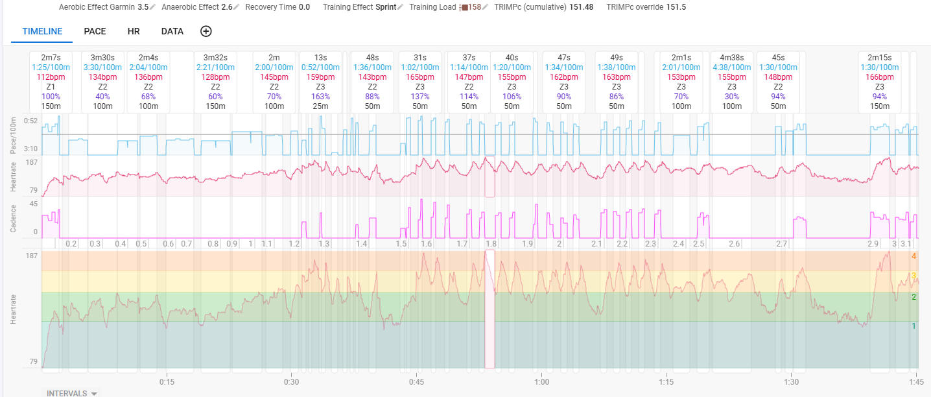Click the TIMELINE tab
tap(42, 32)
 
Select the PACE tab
tap(95, 32)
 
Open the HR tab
tap(134, 32)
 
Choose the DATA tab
tap(172, 32)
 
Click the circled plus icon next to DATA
tap(206, 31)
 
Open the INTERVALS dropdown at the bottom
tap(71, 393)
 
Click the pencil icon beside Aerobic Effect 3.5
tap(152, 7)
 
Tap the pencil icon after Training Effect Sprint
tap(400, 7)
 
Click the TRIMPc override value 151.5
tap(676, 7)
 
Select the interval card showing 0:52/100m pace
tap(320, 82)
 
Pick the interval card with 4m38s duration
tap(732, 82)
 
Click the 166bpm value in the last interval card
tap(880, 77)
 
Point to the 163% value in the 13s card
tap(320, 97)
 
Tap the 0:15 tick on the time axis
tap(167, 381)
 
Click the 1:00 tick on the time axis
tap(541, 381)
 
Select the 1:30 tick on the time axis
tap(792, 381)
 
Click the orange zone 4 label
tap(914, 256)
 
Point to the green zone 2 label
tap(914, 297)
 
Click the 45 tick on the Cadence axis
tap(33, 204)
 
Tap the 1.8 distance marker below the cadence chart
tap(491, 244)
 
